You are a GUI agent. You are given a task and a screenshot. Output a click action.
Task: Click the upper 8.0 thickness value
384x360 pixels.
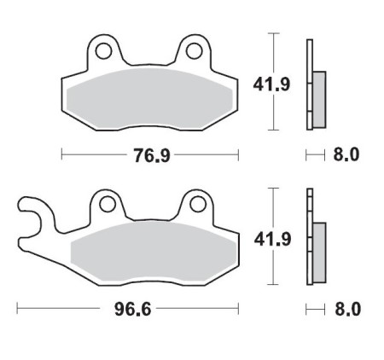(350, 155)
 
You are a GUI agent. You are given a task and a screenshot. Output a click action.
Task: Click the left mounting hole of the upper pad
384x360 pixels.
(102, 52)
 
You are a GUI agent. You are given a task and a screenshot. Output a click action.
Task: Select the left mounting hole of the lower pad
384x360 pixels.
(106, 205)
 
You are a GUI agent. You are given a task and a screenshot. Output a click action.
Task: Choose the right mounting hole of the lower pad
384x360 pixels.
(196, 204)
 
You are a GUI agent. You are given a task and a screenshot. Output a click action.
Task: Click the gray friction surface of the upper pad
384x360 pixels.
(148, 98)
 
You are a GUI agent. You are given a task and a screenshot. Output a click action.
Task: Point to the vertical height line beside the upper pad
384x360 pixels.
(273, 84)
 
